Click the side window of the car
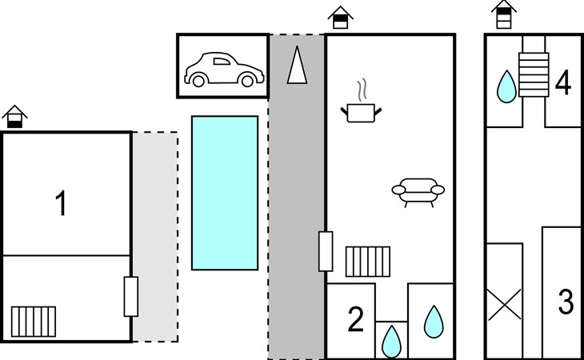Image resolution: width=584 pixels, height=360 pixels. tap(222, 61)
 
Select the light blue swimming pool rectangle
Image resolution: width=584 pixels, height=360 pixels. tap(225, 193)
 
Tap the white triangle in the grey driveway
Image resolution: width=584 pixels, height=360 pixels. tap(298, 65)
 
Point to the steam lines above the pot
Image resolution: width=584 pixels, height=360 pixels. tap(362, 90)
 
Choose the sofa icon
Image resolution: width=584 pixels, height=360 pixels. tap(418, 192)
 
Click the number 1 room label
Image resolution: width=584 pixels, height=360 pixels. tap(61, 203)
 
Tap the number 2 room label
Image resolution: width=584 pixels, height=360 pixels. tap(356, 319)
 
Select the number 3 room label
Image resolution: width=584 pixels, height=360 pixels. tap(566, 302)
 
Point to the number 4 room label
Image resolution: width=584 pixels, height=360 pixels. tap(562, 82)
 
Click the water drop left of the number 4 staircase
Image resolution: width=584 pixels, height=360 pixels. tap(506, 86)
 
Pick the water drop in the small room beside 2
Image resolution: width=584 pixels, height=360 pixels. tap(391, 342)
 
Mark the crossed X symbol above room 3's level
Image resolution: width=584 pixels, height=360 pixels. tap(505, 305)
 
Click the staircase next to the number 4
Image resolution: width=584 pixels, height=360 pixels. tap(534, 75)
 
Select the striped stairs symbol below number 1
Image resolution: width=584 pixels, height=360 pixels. tap(34, 322)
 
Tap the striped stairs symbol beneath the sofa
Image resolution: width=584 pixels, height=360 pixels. tap(368, 262)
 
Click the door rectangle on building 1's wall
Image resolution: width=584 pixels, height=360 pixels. tap(131, 297)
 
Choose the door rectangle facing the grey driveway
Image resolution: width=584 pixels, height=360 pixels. tap(326, 251)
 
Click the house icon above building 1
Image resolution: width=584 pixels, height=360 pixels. tap(14, 117)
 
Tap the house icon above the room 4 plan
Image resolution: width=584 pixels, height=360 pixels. tap(504, 14)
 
